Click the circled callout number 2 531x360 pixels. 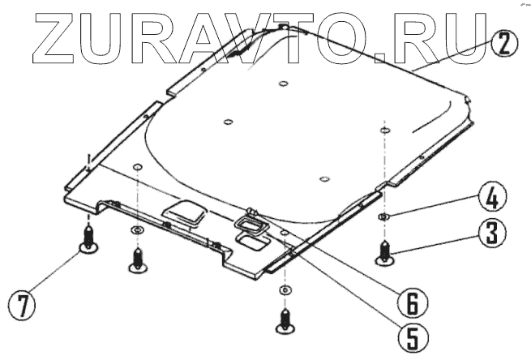tap(503, 43)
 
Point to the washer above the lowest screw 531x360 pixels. tap(284, 291)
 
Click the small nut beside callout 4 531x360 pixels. tap(386, 216)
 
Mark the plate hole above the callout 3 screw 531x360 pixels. tap(384, 129)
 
